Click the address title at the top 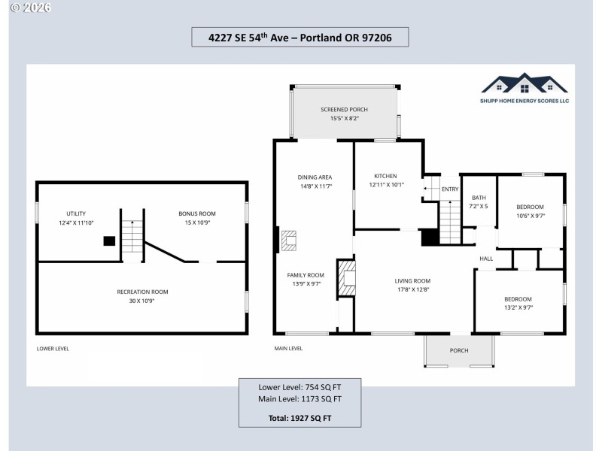coord(299,36)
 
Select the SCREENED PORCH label coord(344,109)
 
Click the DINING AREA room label coord(315,177)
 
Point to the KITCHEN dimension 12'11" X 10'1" coord(386,184)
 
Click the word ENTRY coord(449,189)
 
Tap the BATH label coord(479,198)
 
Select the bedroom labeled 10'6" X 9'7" coord(530,215)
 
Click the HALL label coord(486,259)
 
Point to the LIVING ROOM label coord(412,280)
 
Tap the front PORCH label coord(459,350)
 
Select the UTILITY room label coord(76,213)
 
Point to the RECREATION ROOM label coord(142,292)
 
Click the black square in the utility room coord(109,241)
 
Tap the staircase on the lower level coord(132,237)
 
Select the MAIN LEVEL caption coord(288,349)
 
